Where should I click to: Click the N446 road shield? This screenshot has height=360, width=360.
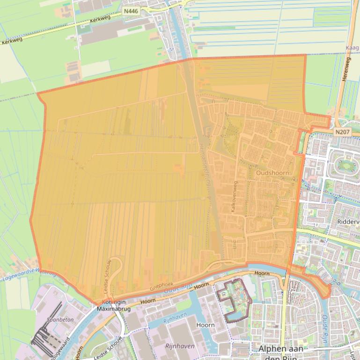point(131,10)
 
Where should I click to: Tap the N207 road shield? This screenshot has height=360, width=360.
point(342,132)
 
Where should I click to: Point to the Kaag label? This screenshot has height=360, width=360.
point(352,48)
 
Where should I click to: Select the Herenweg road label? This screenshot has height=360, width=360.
point(347,70)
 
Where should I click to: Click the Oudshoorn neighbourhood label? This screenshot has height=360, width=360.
point(273,173)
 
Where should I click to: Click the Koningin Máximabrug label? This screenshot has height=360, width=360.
point(113,306)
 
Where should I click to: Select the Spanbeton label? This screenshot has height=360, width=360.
point(58,320)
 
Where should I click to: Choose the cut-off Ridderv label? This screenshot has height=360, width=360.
point(348,221)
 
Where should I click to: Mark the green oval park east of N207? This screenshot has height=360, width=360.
point(346,165)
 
